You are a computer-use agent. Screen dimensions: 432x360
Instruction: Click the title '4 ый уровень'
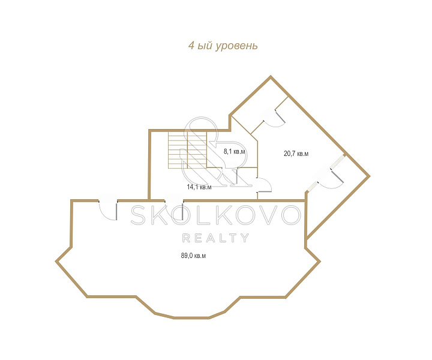tap(223, 46)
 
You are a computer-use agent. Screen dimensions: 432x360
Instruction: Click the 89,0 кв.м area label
tap(193, 256)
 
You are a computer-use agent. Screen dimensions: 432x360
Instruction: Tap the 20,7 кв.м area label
tap(296, 154)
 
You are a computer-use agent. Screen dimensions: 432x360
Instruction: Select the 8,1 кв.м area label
tap(234, 151)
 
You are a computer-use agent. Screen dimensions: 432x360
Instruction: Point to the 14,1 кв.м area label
tap(199, 187)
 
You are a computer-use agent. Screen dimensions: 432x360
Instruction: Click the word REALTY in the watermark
tap(216, 238)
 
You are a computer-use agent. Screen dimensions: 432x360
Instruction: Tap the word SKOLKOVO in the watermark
tap(216, 215)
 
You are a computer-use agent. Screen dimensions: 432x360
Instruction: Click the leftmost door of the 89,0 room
tap(108, 210)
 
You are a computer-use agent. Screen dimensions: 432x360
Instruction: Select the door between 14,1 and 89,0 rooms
tap(174, 210)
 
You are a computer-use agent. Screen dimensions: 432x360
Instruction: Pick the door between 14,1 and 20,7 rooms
tap(264, 185)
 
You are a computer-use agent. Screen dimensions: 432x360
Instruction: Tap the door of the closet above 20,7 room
tap(274, 118)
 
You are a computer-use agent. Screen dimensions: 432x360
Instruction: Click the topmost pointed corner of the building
tap(271, 76)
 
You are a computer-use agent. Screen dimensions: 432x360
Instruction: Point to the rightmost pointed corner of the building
tap(370, 176)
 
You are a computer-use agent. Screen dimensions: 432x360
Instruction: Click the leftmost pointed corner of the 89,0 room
tap(56, 261)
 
